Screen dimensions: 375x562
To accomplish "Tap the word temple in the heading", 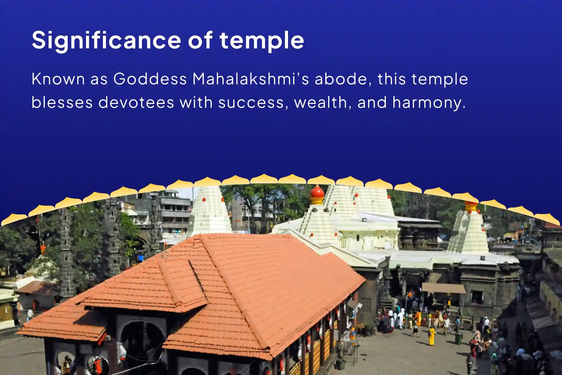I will tap(261, 40).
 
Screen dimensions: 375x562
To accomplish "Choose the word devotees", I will tap(136, 102).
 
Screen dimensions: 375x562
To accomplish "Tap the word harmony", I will tap(429, 102).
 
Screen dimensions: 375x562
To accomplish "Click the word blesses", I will tap(62, 102).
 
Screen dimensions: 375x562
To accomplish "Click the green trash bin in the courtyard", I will tap(458, 339).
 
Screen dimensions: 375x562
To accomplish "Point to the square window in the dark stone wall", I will tap(477, 297).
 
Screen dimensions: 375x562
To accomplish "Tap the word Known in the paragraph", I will tap(58, 79).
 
